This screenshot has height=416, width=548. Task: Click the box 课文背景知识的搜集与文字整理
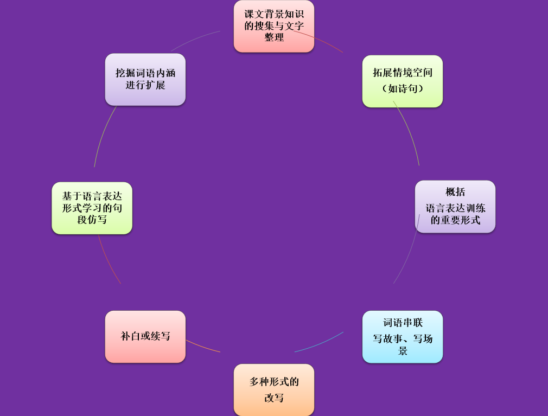pos(274,26)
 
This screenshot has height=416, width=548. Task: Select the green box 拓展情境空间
pos(403,81)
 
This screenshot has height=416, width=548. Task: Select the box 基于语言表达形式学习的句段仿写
pos(92,208)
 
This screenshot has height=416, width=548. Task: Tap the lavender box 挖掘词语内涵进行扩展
pos(145,79)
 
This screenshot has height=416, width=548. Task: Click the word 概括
pos(455,192)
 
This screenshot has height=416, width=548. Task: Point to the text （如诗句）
pos(403,88)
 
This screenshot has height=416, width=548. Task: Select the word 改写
pos(274,398)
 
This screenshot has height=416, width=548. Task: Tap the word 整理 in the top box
pos(274,37)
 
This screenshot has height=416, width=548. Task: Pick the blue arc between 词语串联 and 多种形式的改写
pos(320,343)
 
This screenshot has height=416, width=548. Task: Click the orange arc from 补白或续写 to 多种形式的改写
pos(203,347)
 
